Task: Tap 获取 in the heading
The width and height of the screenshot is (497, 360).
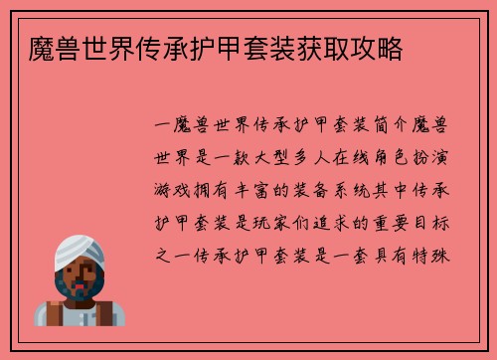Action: [x=323, y=46]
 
